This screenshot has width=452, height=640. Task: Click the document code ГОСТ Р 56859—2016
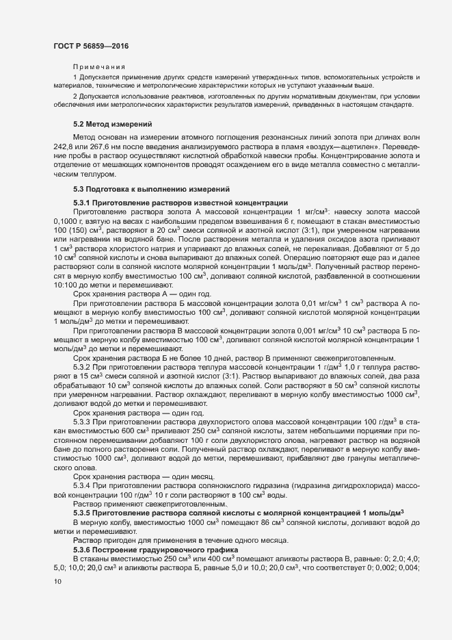pyautogui.click(x=90, y=45)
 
